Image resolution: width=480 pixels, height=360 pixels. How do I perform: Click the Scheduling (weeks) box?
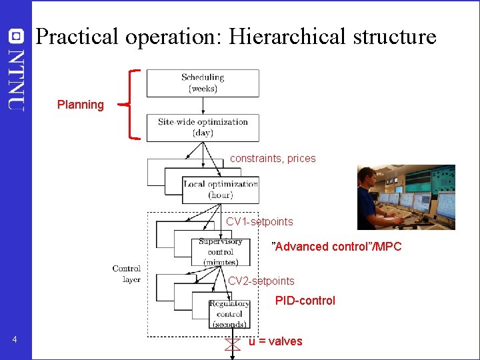point(203,83)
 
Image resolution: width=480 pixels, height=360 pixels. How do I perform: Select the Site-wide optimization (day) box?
point(203,127)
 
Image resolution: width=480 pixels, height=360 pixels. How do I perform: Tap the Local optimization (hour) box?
point(220,189)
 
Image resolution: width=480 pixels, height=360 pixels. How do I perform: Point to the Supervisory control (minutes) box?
point(220,251)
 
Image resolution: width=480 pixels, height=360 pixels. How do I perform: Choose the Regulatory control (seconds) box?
point(229,313)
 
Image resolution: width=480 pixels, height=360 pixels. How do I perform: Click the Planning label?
point(81,105)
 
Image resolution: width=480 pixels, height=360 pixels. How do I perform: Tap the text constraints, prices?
point(273,159)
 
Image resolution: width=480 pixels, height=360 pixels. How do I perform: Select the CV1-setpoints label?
point(259,221)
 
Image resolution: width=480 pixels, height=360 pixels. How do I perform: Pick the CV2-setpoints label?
point(261,281)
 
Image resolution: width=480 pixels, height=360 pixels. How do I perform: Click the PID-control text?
point(305,301)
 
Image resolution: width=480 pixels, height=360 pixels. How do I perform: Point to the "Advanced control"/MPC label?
point(336,247)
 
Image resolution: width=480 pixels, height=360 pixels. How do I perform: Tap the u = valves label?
point(275,341)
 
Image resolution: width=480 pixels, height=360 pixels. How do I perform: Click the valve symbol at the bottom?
point(232,344)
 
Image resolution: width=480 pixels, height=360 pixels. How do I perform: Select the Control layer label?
point(127,274)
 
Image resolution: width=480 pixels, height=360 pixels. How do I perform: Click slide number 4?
point(15,341)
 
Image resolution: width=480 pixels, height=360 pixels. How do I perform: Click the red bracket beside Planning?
point(135,105)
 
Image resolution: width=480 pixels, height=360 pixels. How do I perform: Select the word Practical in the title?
point(77,36)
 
